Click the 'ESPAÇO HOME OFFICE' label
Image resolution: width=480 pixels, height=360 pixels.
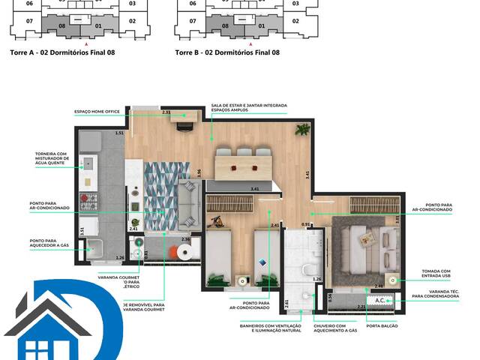97,112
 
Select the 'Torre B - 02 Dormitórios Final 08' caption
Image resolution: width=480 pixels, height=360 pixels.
226,52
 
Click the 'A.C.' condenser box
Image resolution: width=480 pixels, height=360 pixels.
379,300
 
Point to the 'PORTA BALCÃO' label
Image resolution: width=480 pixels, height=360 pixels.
381,325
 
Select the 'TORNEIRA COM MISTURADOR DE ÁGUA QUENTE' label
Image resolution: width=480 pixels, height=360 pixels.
52,159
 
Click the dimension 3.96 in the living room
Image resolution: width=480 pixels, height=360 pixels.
199,172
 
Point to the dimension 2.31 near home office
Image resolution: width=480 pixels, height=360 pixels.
166,112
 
